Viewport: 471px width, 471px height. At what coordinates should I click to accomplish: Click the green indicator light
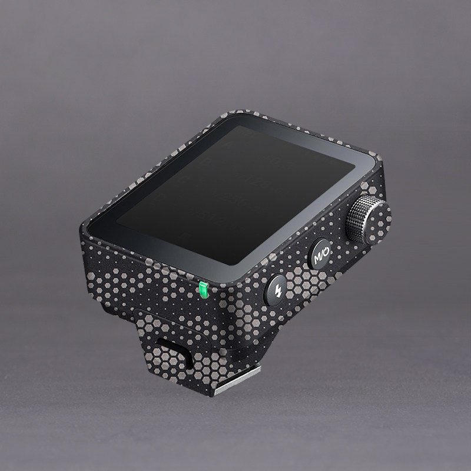click(x=203, y=290)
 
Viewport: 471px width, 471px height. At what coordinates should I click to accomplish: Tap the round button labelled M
click(x=319, y=254)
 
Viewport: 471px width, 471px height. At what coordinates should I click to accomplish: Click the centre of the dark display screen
click(x=235, y=196)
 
